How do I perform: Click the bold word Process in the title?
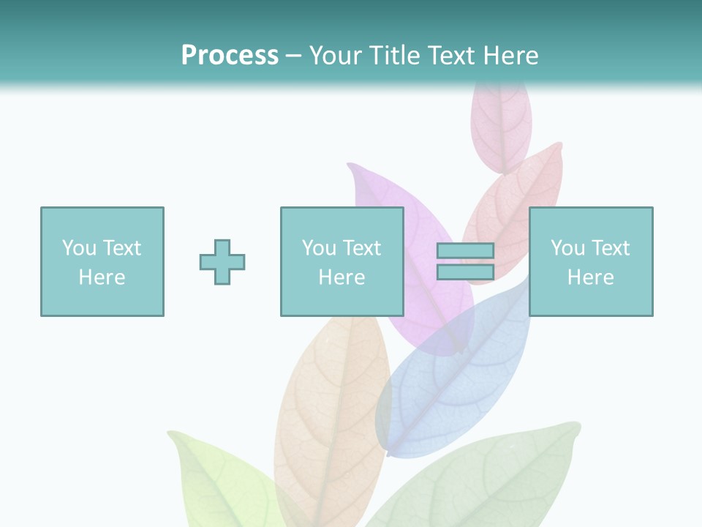[x=230, y=56]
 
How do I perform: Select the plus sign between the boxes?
[x=222, y=262]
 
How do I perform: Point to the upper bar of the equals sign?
[x=465, y=251]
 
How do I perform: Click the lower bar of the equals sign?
[x=465, y=272]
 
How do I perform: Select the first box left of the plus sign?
[x=102, y=261]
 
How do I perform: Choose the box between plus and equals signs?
[x=341, y=261]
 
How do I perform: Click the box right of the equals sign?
[x=591, y=261]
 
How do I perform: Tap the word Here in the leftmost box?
[x=102, y=277]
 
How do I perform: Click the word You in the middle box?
[x=319, y=248]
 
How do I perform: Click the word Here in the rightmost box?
[x=591, y=277]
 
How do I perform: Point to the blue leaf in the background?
[x=446, y=381]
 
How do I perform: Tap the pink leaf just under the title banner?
[x=501, y=124]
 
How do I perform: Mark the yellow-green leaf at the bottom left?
[x=219, y=483]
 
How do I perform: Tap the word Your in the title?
[x=338, y=56]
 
